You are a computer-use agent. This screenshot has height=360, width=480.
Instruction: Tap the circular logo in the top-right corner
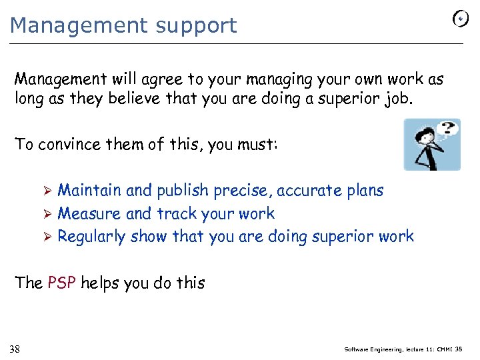460,19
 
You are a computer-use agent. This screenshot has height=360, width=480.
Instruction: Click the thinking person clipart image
431,145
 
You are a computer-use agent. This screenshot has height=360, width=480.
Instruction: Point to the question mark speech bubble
449,129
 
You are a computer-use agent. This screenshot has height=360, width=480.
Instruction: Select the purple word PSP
62,283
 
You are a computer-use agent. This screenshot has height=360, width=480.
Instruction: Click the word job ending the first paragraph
402,100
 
